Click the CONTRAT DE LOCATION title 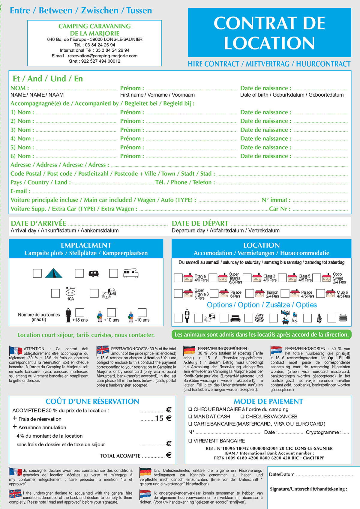269,33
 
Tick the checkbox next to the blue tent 37,273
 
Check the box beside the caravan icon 79,273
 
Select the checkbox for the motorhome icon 113,273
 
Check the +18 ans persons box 79,313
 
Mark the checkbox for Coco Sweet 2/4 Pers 317,278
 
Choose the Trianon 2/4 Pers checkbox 250,293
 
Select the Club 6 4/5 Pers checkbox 320,293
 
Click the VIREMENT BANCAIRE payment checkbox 190,441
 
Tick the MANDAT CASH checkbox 190,417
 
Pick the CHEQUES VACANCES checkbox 242,417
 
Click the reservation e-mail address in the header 103,56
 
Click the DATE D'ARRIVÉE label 38,223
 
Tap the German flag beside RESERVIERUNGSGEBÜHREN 189,350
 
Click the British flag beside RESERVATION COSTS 103,350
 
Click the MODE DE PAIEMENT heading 268,401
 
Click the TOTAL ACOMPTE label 120,456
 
